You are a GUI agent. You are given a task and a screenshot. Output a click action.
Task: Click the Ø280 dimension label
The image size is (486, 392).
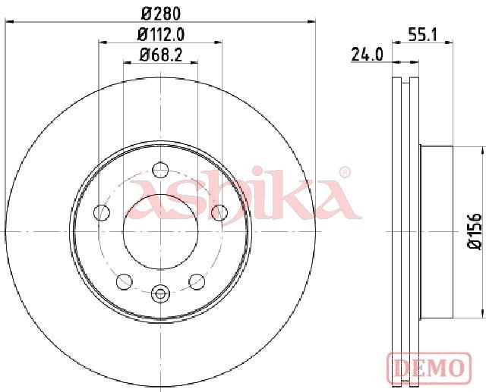click(160, 14)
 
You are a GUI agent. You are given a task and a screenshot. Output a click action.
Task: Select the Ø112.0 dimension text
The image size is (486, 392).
click(160, 34)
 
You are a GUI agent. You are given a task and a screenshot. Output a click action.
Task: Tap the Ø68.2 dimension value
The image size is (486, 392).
click(160, 55)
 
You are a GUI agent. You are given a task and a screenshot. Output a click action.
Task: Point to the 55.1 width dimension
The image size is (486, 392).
click(422, 34)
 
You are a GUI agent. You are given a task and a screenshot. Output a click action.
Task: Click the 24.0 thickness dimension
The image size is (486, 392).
click(368, 55)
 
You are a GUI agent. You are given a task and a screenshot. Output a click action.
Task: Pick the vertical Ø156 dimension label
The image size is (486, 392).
click(474, 230)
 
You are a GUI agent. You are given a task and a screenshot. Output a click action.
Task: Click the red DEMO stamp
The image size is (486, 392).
click(429, 368)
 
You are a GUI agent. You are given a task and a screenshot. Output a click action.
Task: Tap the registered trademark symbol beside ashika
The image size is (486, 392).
click(344, 172)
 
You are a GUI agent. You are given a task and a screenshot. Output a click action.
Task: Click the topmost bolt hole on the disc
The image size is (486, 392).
click(160, 170)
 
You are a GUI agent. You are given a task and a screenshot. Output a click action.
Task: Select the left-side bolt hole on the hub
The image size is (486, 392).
click(102, 212)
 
